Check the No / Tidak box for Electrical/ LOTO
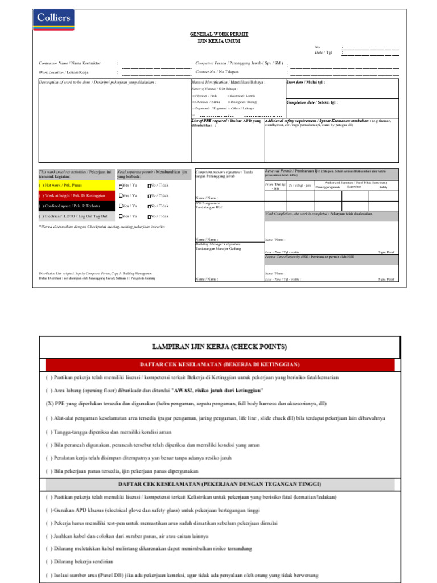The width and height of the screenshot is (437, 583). (149, 217)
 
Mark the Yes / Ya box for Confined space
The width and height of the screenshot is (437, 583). (121, 207)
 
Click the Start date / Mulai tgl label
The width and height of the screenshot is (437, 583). (308, 82)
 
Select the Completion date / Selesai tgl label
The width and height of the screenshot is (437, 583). (312, 102)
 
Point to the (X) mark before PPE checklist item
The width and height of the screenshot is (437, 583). (50, 405)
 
